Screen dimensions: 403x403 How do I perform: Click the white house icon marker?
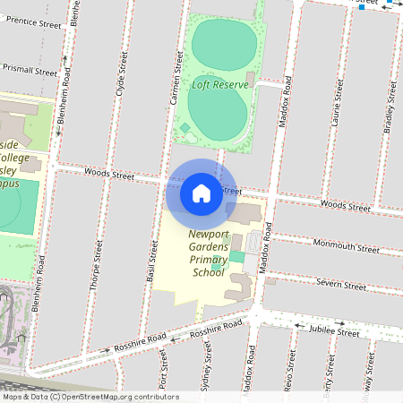201,193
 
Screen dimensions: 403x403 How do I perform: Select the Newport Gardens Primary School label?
209,253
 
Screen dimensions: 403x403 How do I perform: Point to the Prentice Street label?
31,21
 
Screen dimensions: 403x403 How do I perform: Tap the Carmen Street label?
177,75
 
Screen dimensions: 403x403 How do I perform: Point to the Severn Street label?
340,285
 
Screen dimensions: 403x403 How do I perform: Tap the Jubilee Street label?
333,332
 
